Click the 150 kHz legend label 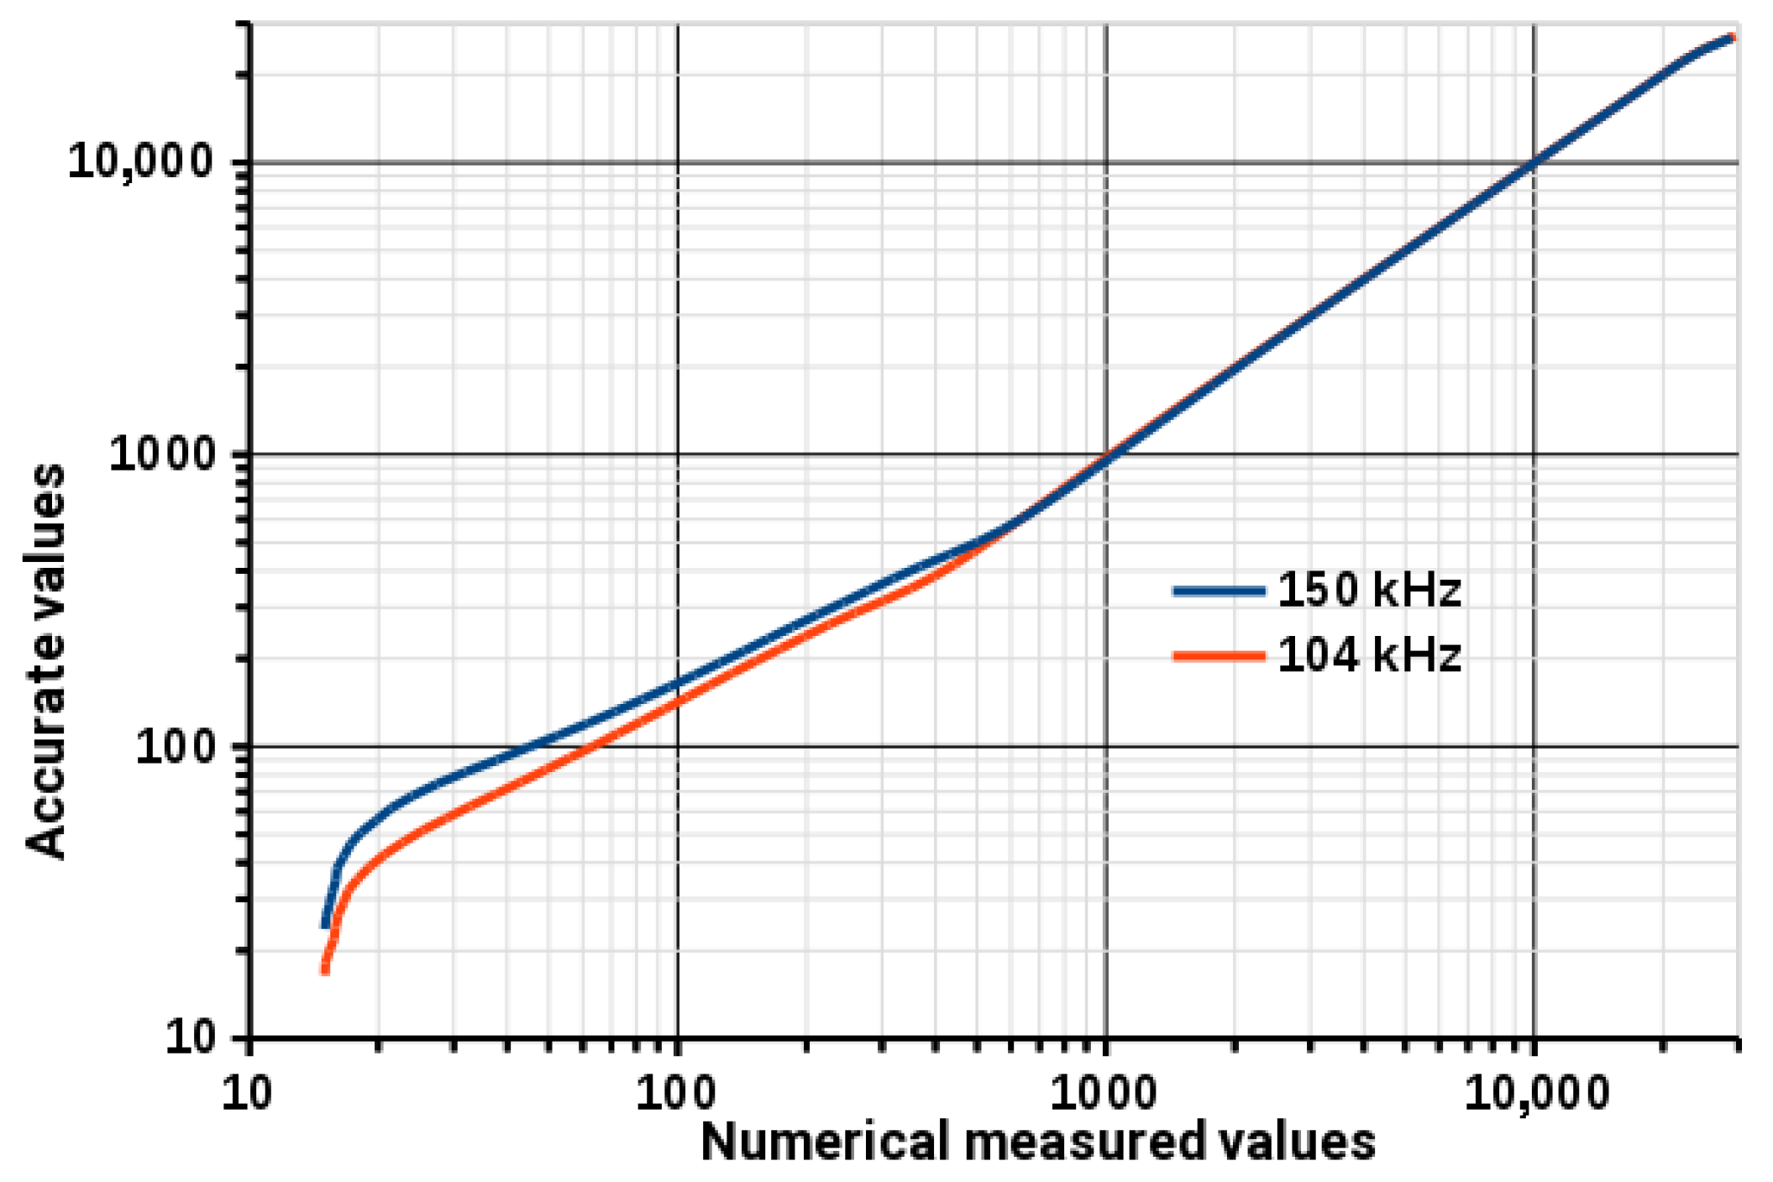pos(1369,590)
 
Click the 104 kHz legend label pos(1369,655)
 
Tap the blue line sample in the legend pos(1218,591)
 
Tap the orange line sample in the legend pos(1218,656)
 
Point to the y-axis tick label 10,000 pos(141,160)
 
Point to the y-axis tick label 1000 pos(163,454)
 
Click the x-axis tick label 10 pos(247,1093)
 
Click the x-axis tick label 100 pos(676,1093)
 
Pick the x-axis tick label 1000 pos(1104,1093)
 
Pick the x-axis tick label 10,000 pos(1535,1093)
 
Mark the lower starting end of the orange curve pos(325,970)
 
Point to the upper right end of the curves pos(1733,38)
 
